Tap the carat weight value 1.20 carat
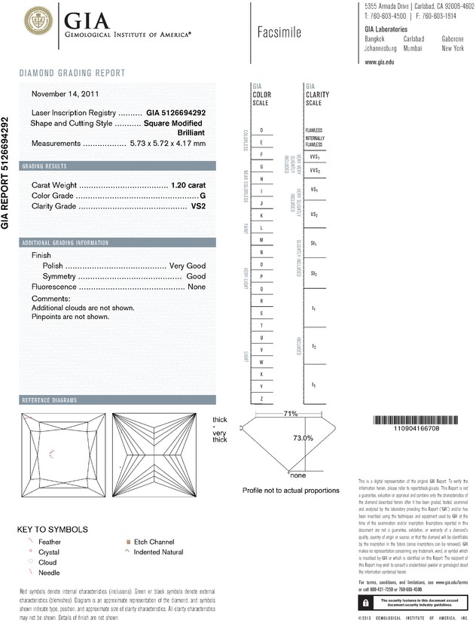coord(188,184)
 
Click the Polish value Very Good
coord(188,266)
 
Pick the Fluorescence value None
coord(197,287)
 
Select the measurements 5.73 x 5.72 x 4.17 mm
coord(167,143)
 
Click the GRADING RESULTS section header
coord(44,166)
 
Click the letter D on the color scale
coord(261,131)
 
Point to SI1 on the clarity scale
coord(313,244)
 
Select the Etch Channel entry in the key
coord(152,542)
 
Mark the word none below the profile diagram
coord(297,476)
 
